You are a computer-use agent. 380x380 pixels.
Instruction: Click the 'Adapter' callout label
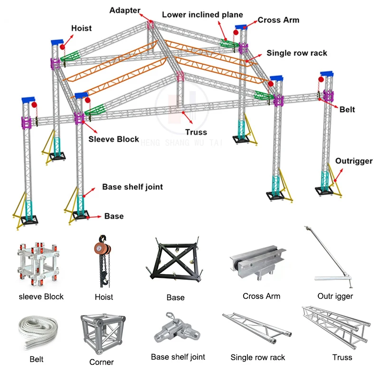tap(125, 10)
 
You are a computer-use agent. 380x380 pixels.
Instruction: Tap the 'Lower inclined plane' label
tap(202, 15)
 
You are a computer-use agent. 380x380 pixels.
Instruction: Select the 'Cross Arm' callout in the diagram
tap(278, 20)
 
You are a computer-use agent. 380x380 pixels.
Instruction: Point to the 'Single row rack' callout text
tap(297, 53)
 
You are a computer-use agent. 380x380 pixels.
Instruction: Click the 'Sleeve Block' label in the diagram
tap(114, 139)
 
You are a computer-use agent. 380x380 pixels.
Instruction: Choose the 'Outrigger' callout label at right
tap(354, 161)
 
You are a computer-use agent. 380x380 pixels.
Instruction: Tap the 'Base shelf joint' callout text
tap(133, 187)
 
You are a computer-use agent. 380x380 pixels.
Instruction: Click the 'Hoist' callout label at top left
tap(81, 28)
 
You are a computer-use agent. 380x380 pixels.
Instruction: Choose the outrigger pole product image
tap(332, 259)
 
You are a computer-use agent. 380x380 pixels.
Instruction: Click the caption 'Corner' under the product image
tap(101, 362)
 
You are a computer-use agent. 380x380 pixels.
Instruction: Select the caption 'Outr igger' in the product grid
tap(335, 296)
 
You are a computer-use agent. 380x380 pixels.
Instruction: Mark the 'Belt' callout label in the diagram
tap(347, 110)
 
